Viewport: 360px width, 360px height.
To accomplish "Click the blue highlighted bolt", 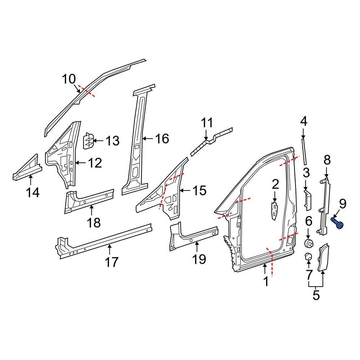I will point(337,223).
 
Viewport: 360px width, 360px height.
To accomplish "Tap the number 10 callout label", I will point(69,79).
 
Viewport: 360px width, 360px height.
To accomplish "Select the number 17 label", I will point(112,261).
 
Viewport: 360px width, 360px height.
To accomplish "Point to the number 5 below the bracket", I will point(316,295).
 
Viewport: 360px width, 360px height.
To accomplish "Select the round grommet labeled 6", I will point(309,243).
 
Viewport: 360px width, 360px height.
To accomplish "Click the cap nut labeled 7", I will point(308,257).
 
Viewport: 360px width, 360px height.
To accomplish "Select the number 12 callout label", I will point(95,163).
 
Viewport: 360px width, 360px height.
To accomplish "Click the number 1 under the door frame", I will point(266,281).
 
